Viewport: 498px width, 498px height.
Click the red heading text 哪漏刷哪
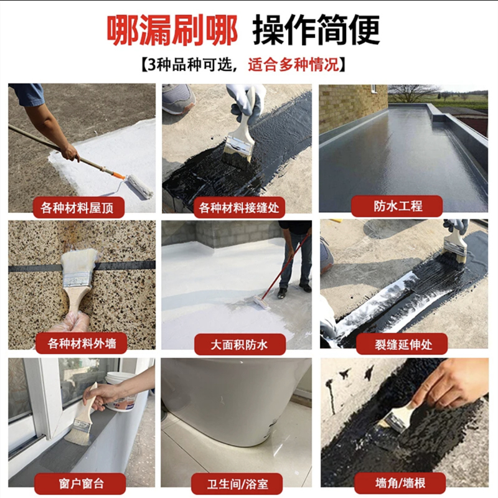[x=172, y=29]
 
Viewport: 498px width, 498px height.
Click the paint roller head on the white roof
[x=139, y=186]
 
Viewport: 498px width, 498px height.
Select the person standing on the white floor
[x=295, y=255]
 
